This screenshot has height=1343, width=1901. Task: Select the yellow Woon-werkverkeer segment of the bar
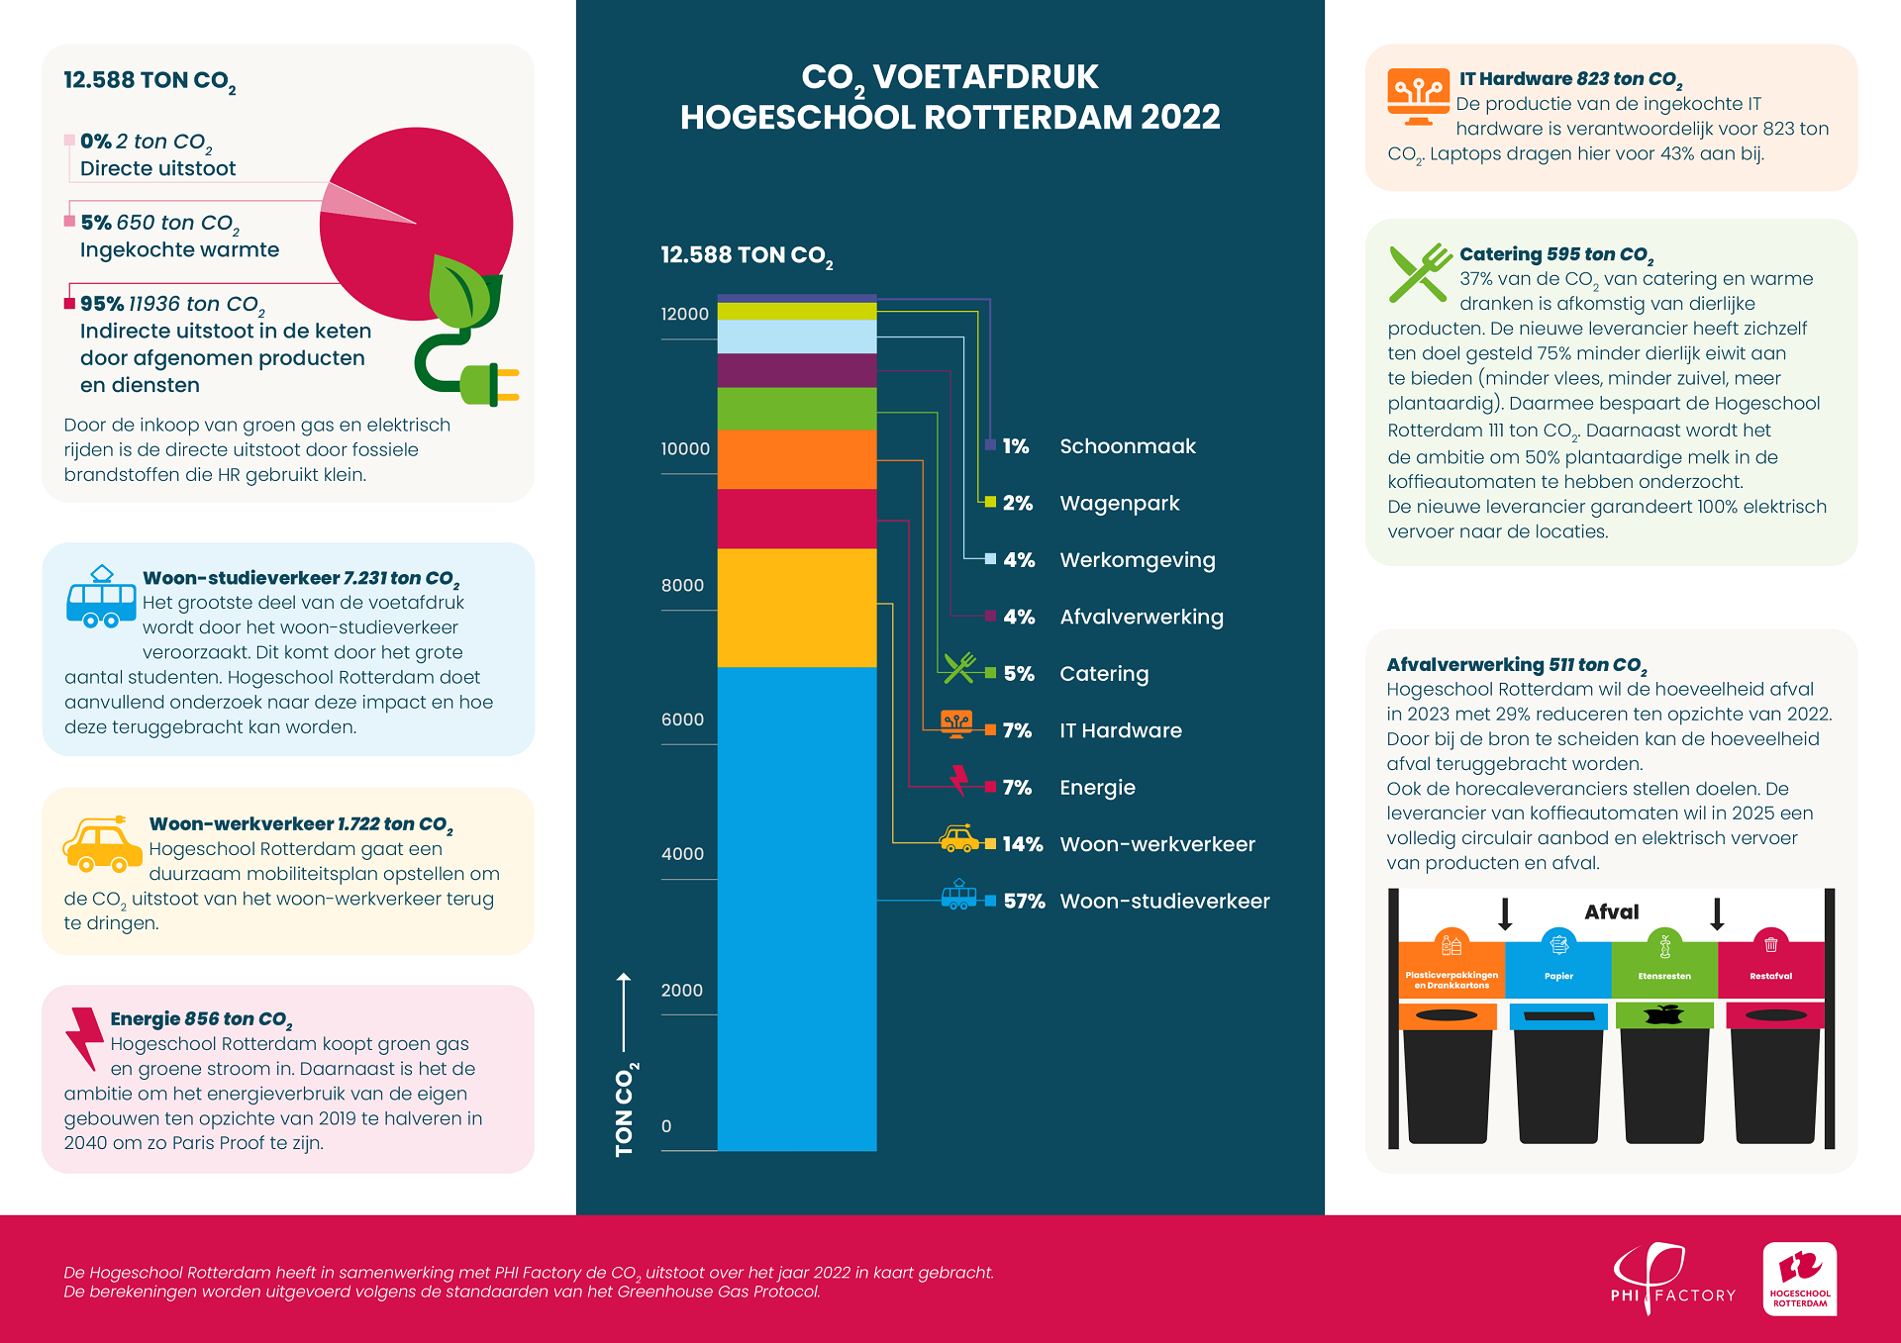click(x=796, y=608)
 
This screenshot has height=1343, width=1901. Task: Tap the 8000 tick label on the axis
click(x=682, y=585)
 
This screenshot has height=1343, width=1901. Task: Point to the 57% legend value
click(x=1024, y=902)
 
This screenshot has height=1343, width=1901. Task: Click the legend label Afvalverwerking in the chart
click(x=1142, y=618)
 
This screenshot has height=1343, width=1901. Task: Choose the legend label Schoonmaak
click(x=1128, y=446)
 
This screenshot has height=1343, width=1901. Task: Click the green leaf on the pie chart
click(x=463, y=292)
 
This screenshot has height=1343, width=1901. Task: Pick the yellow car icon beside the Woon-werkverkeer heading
click(x=102, y=845)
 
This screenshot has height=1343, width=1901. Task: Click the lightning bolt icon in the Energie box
click(x=85, y=1037)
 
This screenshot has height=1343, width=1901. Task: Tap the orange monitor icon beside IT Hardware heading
click(x=1418, y=96)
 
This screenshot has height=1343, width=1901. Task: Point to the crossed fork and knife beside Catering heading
click(x=1419, y=273)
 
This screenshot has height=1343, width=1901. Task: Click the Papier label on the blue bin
click(x=1558, y=976)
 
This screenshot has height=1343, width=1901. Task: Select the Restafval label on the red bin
click(x=1770, y=976)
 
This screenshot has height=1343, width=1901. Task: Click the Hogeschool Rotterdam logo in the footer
click(x=1799, y=1279)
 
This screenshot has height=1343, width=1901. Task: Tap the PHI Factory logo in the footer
click(x=1671, y=1279)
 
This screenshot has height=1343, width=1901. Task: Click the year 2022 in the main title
click(x=1179, y=117)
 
